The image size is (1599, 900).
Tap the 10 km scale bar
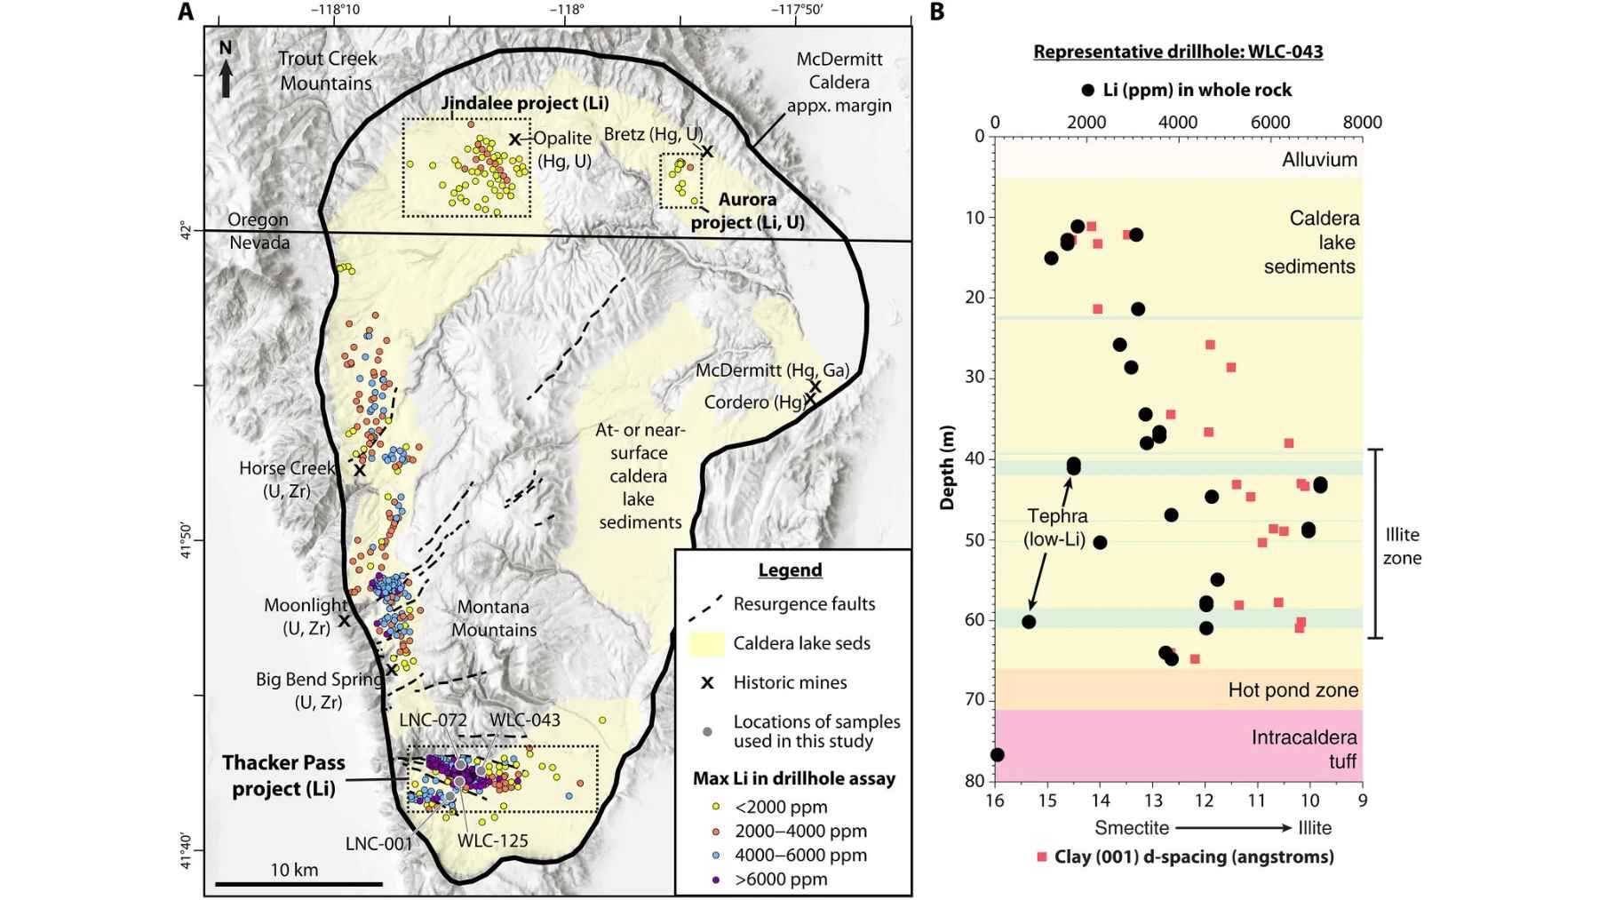[298, 883]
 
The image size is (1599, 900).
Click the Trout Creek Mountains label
[327, 71]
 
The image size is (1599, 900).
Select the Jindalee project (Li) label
[525, 103]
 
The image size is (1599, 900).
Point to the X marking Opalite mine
[514, 139]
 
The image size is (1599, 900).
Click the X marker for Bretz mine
[706, 152]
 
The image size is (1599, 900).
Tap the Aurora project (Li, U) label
[747, 211]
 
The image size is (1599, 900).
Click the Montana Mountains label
[494, 618]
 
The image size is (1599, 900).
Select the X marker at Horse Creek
[359, 470]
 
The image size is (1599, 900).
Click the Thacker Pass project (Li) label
[283, 776]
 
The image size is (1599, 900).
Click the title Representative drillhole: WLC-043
[1178, 52]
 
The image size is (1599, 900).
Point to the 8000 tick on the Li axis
[1362, 123]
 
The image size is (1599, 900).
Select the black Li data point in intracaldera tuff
[997, 755]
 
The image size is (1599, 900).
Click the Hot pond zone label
[1293, 690]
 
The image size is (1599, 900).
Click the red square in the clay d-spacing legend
[1042, 857]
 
